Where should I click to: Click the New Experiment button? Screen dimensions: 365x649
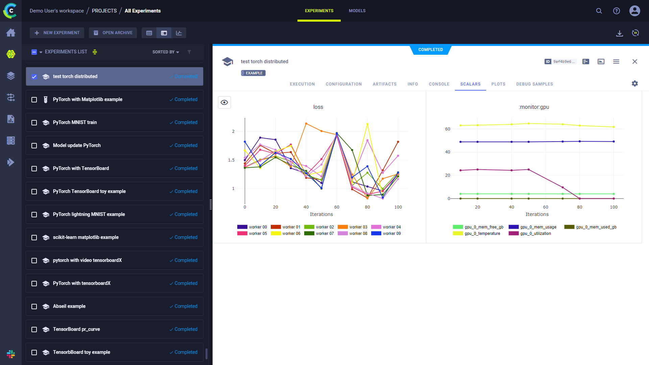click(x=57, y=33)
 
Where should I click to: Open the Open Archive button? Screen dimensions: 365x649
click(x=113, y=33)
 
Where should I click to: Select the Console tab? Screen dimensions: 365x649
click(x=439, y=84)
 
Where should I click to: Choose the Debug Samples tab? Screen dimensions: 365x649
click(x=534, y=84)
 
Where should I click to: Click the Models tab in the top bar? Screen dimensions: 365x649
click(x=357, y=11)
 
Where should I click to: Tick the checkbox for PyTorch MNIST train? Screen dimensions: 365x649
click(x=34, y=123)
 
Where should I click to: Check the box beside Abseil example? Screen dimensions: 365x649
click(x=34, y=307)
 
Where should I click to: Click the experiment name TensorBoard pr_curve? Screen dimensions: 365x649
click(x=76, y=329)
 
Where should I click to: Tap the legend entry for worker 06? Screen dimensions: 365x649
click(x=286, y=234)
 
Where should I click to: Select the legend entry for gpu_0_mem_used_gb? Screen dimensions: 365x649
click(x=591, y=227)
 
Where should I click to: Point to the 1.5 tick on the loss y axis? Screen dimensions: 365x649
click(x=231, y=160)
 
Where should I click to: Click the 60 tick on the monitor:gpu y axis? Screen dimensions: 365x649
click(x=448, y=129)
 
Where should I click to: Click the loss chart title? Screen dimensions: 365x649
click(x=318, y=107)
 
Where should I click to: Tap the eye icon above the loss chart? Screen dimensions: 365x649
click(x=224, y=102)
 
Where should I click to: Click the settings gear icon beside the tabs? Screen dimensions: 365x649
click(x=635, y=83)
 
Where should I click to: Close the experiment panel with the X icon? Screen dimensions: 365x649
click(x=635, y=62)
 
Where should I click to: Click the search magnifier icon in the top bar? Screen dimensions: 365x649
click(x=599, y=11)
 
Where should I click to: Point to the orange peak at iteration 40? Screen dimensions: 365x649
click(x=306, y=124)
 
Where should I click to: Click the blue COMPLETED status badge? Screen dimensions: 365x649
click(x=430, y=50)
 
